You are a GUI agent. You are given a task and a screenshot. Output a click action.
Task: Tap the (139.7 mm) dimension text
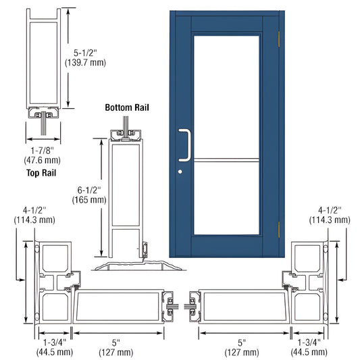click(x=85, y=61)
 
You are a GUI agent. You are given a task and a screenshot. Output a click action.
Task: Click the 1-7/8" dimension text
click(x=45, y=150)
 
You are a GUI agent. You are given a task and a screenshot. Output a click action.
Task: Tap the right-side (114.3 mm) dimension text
click(x=330, y=220)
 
